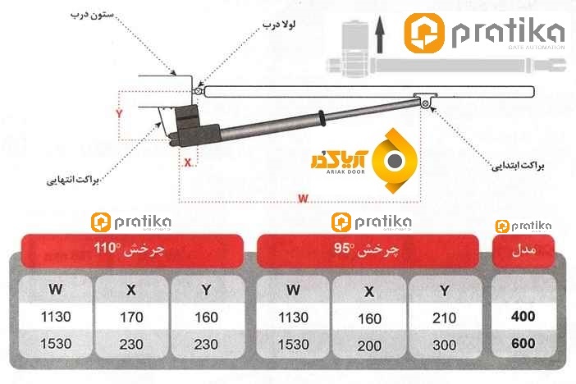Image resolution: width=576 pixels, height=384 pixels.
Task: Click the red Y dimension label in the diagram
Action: tap(119, 114)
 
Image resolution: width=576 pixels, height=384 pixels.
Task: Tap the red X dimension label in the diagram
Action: tap(188, 162)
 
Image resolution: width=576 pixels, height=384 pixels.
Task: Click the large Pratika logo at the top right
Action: tap(484, 34)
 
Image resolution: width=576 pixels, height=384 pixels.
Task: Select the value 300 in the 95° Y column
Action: tap(444, 345)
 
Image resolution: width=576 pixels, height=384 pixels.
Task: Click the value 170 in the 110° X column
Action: tap(130, 317)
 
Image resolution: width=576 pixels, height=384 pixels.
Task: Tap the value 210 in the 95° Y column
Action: tap(444, 317)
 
